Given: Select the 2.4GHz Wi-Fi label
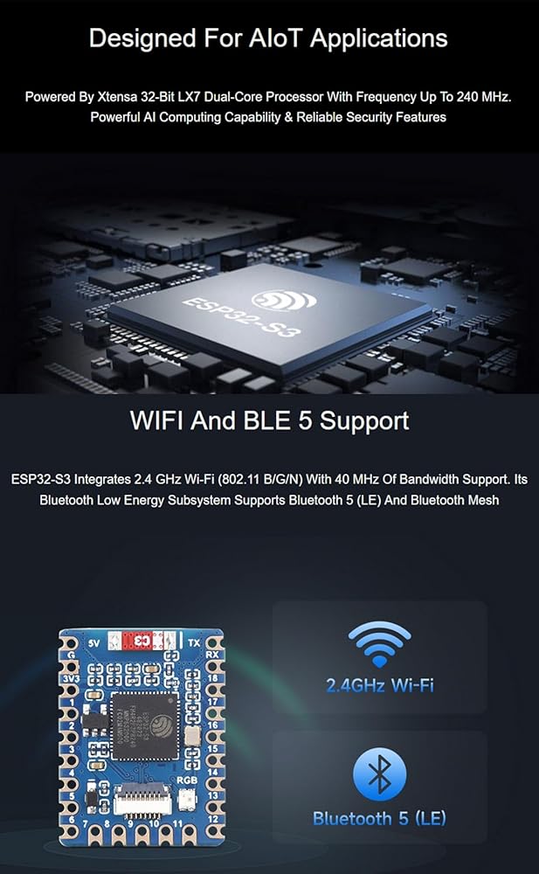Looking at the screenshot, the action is (380, 684).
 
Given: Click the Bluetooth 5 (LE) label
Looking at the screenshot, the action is (379, 819).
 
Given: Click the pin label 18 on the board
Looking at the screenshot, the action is (212, 678).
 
